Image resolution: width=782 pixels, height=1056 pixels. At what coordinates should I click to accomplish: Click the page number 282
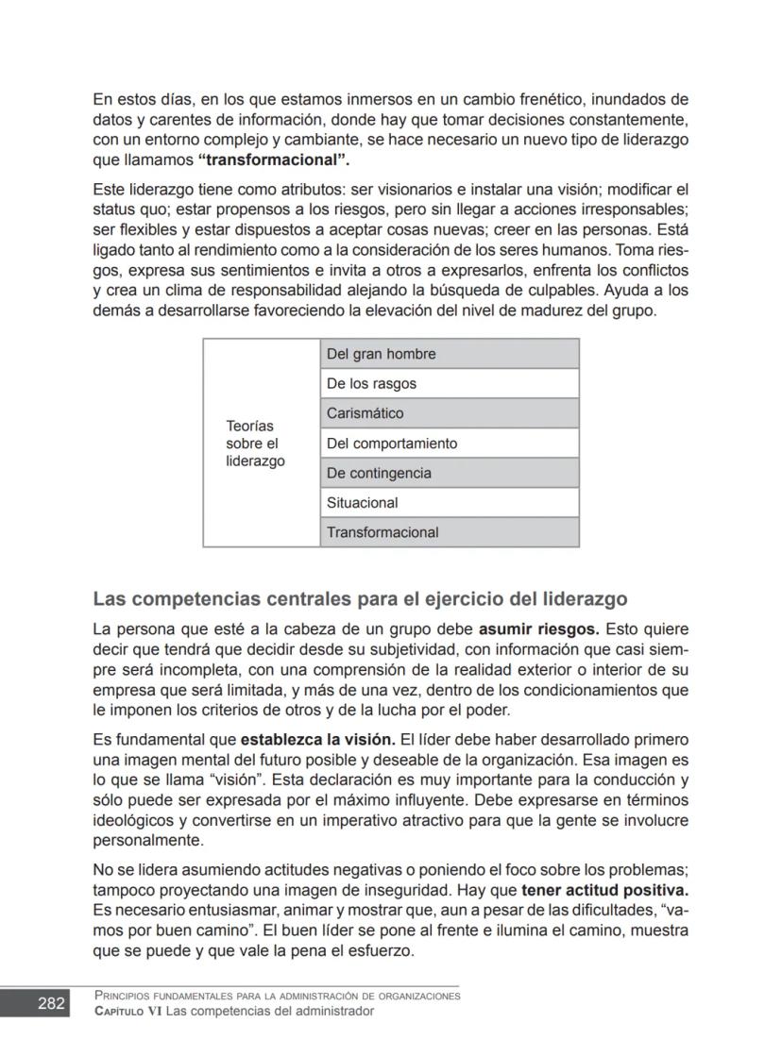click(x=51, y=1003)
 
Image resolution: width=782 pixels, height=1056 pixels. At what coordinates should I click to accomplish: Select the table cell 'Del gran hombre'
click(x=449, y=354)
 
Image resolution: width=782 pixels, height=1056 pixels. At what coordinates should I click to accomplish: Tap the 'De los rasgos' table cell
click(x=449, y=383)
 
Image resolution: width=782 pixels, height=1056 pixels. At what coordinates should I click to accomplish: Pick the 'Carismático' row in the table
click(x=449, y=413)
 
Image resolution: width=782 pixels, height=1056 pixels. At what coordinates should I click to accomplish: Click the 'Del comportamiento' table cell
click(x=449, y=443)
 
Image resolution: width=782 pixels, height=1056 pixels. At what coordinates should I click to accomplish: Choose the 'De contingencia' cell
click(x=449, y=473)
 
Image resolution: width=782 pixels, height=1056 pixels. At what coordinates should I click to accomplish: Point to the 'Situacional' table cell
click(x=449, y=502)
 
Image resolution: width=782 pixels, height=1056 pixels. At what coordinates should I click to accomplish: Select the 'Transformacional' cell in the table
click(x=449, y=532)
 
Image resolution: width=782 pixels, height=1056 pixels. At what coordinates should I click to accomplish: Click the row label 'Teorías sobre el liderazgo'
click(x=255, y=444)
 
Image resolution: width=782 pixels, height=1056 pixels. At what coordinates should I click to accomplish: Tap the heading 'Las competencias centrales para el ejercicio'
click(x=360, y=599)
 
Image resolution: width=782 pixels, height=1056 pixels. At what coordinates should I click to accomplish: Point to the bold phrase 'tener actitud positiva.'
click(x=604, y=890)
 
